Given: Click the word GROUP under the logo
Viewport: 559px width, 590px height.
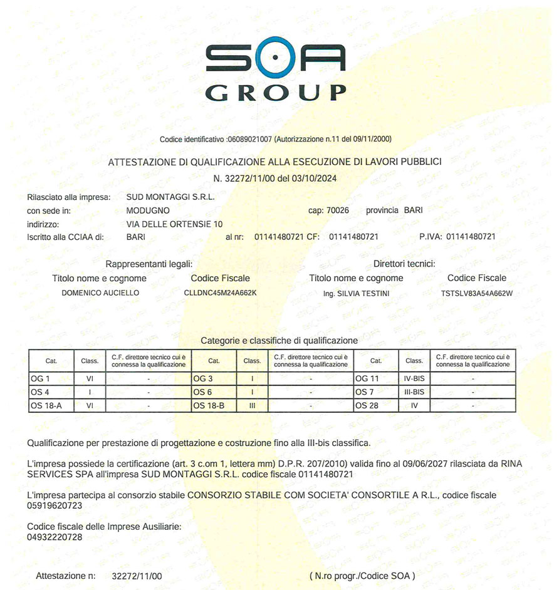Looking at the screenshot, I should (x=275, y=92).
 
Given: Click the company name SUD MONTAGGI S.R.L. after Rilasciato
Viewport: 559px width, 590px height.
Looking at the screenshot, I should (x=170, y=197).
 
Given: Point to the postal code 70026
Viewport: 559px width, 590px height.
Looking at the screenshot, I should (x=338, y=210).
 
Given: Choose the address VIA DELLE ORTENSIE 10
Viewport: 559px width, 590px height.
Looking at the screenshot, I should (x=174, y=224).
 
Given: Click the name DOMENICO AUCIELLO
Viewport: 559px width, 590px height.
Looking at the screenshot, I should (x=100, y=292).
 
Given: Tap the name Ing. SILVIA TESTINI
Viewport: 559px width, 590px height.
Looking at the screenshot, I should (x=356, y=293).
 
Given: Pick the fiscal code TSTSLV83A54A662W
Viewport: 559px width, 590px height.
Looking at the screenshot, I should (x=477, y=292).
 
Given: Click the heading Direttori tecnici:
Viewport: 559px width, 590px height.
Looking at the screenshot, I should (x=404, y=264).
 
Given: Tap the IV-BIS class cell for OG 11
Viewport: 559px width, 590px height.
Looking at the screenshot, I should (x=414, y=378).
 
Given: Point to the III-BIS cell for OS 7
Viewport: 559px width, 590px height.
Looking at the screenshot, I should (x=414, y=392).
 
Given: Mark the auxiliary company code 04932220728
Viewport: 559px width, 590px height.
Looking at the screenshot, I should (x=55, y=537).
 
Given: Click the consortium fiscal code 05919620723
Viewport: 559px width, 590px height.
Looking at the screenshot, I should (x=55, y=505).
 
